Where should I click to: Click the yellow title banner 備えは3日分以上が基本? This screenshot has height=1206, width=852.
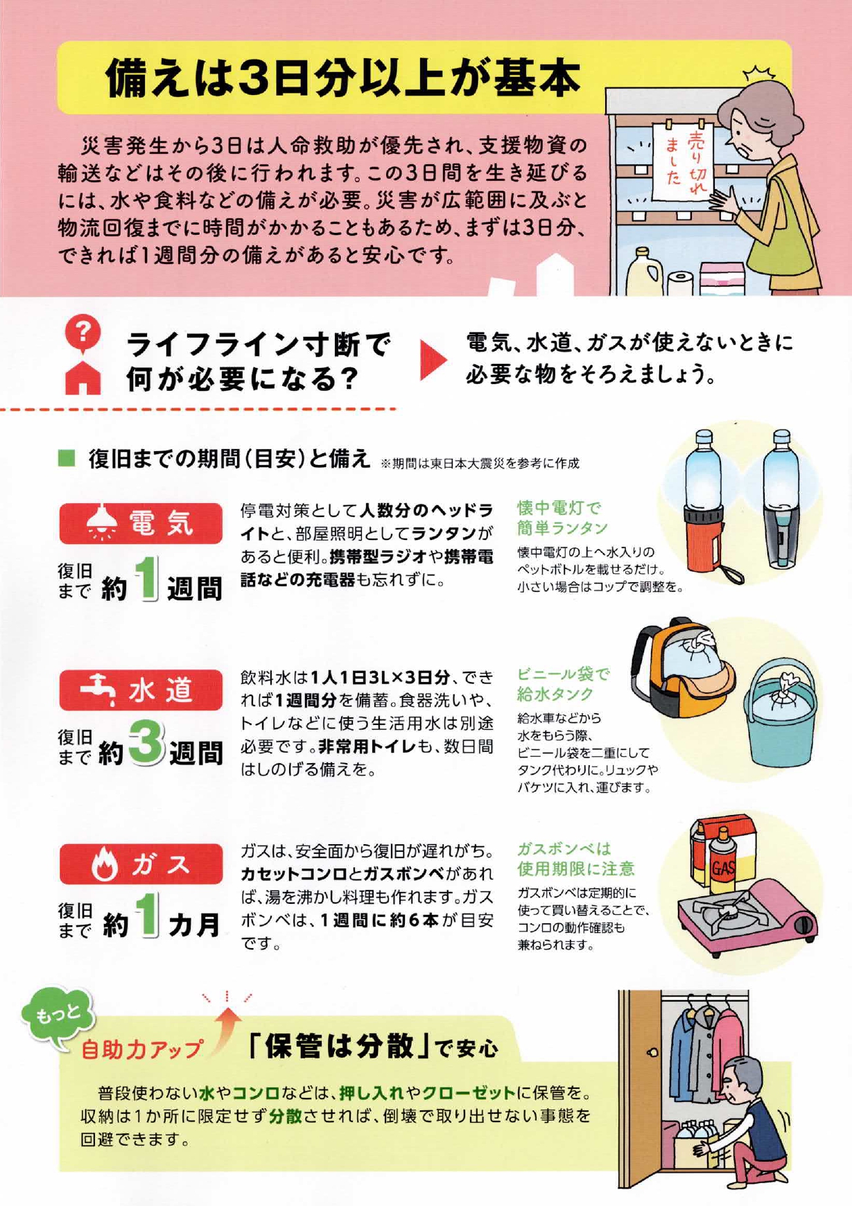click(424, 77)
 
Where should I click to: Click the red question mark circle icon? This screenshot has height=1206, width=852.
click(82, 333)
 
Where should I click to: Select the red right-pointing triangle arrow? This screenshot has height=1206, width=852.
click(434, 359)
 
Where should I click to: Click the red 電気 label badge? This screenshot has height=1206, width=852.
click(141, 523)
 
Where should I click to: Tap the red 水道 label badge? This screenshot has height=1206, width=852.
click(141, 690)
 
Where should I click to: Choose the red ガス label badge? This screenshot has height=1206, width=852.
click(141, 864)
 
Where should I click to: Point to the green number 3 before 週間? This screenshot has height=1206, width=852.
click(146, 743)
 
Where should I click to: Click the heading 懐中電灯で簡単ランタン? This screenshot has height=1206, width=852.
click(562, 518)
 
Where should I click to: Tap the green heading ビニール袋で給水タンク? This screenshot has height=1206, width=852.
click(563, 684)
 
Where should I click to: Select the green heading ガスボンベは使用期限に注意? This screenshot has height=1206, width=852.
click(575, 858)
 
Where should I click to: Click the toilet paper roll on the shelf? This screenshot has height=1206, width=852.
click(681, 283)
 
